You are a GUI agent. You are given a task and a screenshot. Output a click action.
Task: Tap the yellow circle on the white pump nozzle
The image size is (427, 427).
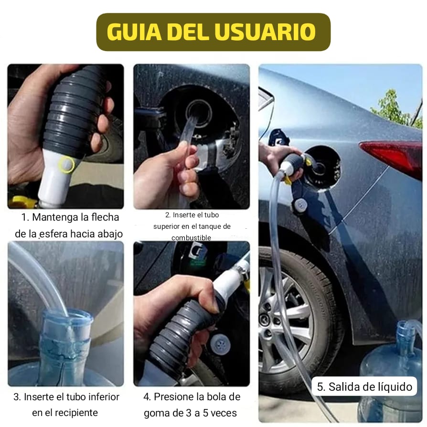pos(66,165)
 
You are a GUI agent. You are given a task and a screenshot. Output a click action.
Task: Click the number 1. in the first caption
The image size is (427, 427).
pos(26,217)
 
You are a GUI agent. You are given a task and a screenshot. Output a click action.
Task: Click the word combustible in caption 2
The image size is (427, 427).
pos(191,237)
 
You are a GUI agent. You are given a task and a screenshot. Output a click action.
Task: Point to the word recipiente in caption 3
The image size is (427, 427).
pos(65,413)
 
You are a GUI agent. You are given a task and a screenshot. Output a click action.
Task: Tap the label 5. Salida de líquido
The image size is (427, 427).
pos(364,387)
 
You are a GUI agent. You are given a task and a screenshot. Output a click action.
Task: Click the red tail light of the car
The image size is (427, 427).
pos(393,156)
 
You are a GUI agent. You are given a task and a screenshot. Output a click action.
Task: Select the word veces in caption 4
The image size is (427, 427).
pos(224,413)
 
